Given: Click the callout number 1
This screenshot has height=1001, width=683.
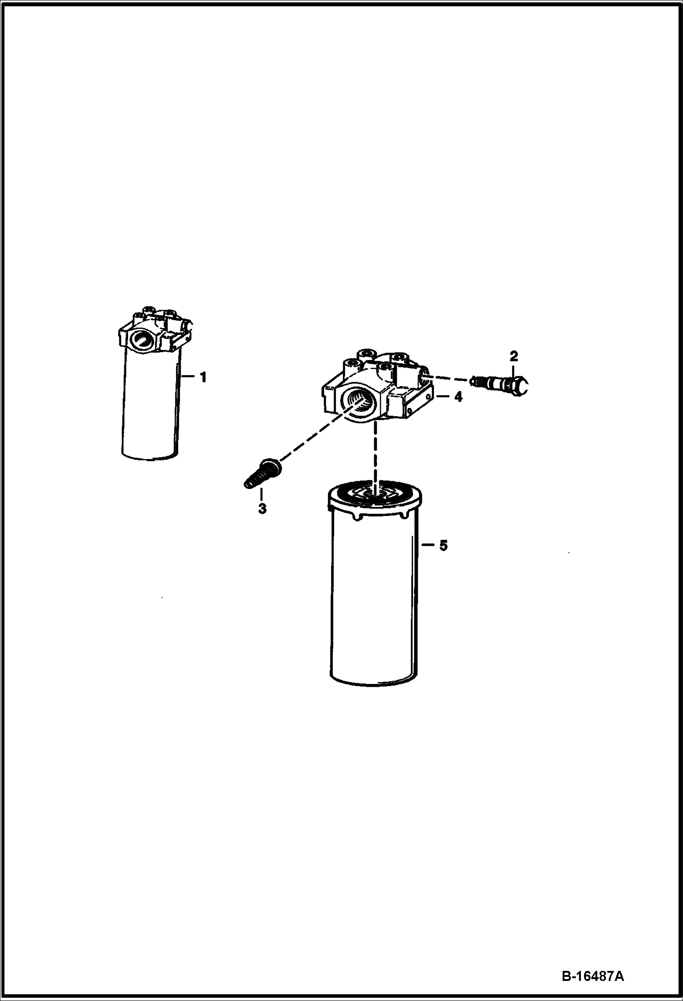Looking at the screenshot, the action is pos(203,377).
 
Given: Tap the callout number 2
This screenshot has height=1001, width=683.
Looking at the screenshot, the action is pos(513,356).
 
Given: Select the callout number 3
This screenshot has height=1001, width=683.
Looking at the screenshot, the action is pos(262,508).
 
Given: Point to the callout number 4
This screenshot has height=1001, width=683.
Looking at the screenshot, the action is pos(458,397).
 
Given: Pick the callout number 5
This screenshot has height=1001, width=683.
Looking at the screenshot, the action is pos(443,545).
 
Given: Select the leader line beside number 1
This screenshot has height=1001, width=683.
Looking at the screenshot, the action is pos(189,377).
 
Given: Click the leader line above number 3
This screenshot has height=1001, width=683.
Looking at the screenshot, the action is pos(262,494).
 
